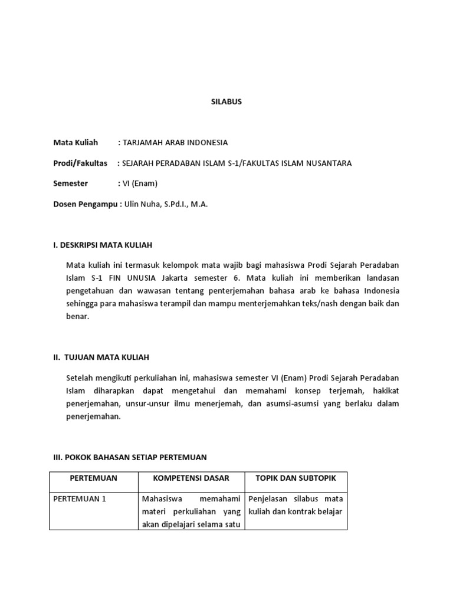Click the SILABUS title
point(226,101)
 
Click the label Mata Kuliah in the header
point(75,143)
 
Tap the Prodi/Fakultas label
point(80,163)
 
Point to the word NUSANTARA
point(326,163)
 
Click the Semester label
point(70,183)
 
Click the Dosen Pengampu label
point(86,204)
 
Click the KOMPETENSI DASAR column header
point(191,478)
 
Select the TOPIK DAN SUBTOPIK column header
point(295,478)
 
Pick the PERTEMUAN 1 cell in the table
point(80,498)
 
